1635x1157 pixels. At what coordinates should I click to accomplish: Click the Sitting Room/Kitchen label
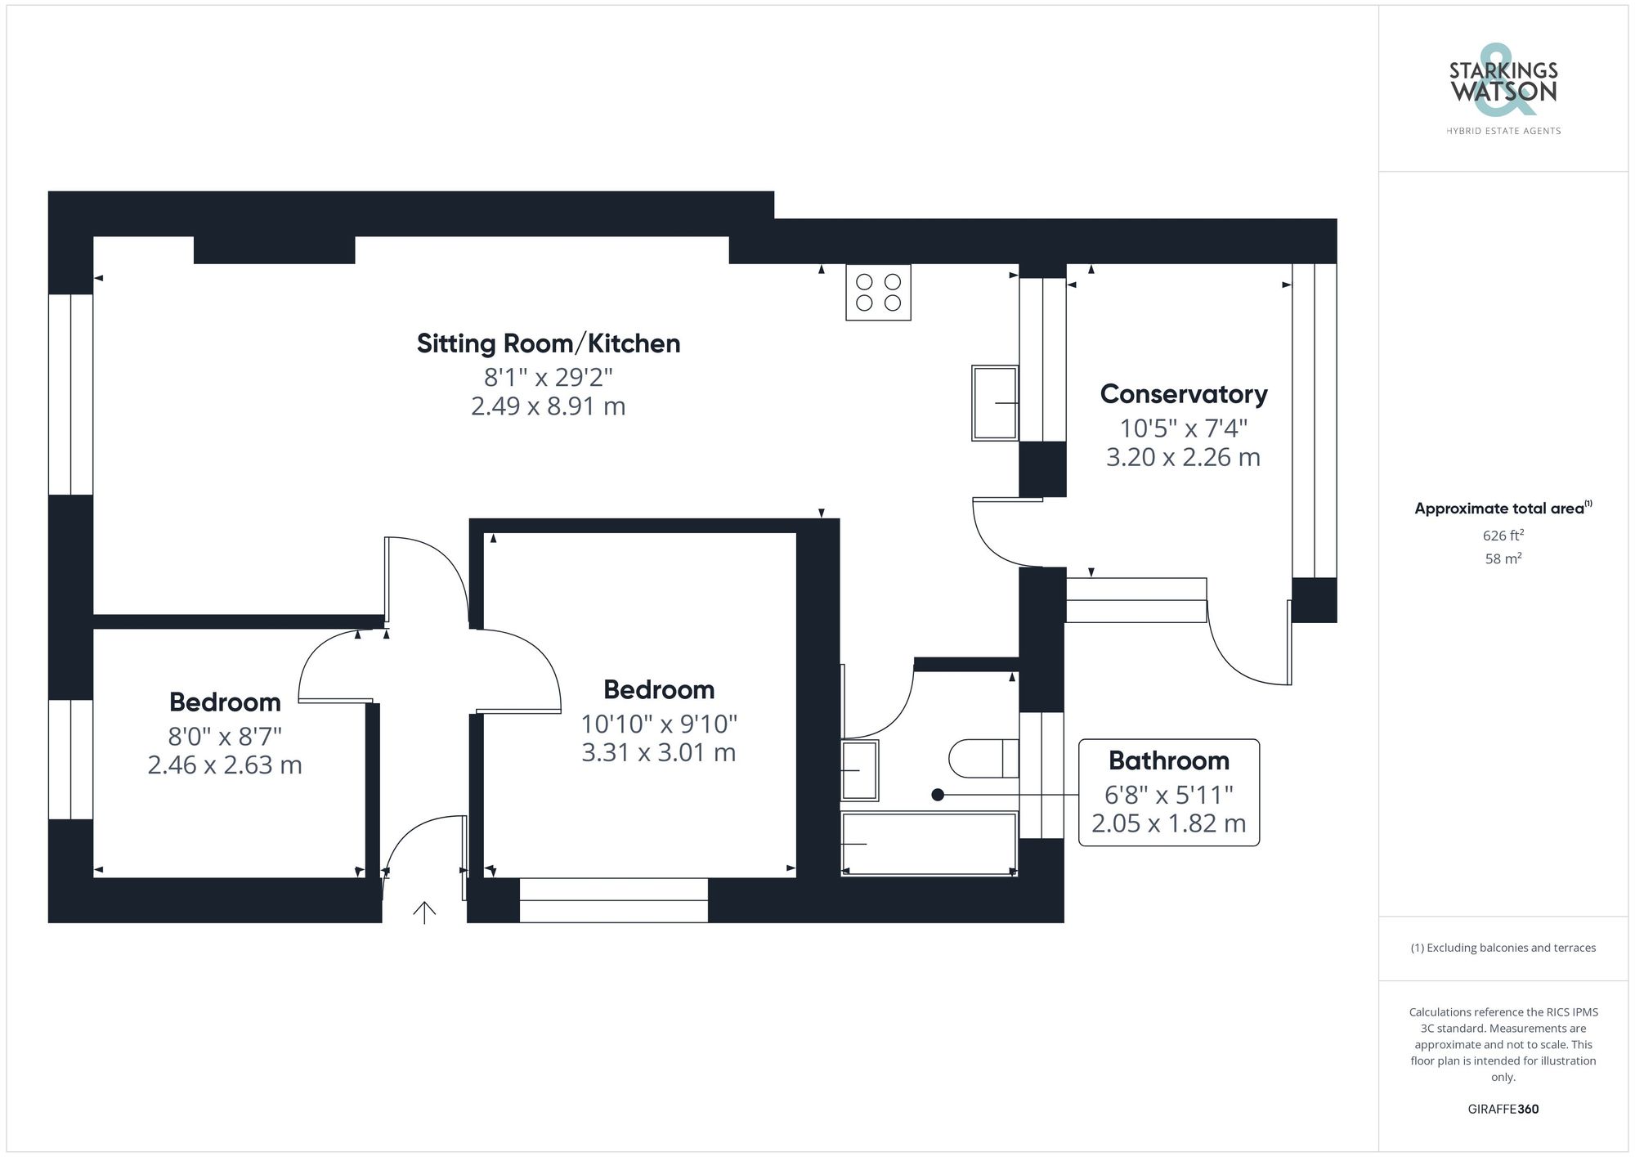(548, 343)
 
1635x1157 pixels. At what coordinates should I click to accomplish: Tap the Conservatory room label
(1183, 394)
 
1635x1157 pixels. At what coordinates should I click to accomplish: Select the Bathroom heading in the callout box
(1168, 760)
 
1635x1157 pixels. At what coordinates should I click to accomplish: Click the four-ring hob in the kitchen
(878, 292)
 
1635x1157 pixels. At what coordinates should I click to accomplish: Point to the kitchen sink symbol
(995, 403)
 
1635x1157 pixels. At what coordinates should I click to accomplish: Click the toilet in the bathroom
(983, 759)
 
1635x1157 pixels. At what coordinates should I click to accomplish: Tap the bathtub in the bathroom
(929, 844)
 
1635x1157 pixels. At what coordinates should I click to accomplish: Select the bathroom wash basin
(859, 770)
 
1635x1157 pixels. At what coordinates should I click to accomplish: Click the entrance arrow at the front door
(424, 912)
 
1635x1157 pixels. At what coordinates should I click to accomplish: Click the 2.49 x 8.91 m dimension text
(548, 406)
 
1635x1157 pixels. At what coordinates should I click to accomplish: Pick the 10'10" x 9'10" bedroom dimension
(659, 724)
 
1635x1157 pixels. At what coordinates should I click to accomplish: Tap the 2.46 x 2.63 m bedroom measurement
(225, 765)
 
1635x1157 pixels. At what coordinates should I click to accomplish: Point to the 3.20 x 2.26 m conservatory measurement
(1183, 457)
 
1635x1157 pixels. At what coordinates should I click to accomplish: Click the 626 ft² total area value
(1503, 536)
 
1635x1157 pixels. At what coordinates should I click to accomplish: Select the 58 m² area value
(1503, 558)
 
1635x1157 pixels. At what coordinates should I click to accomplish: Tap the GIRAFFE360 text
(1503, 1109)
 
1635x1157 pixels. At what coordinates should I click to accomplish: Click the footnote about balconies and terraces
(1503, 948)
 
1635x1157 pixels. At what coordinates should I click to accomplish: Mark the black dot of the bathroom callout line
(938, 794)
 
